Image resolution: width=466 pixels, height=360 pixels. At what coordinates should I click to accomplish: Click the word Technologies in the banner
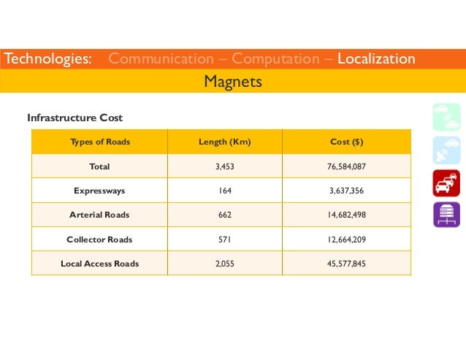click(48, 58)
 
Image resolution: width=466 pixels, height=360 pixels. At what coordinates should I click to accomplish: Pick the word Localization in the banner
click(376, 58)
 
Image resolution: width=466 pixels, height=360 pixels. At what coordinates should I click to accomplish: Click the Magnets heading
click(233, 82)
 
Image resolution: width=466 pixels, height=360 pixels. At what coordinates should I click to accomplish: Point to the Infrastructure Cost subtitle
click(75, 118)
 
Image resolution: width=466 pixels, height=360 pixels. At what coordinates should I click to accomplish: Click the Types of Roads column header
click(99, 142)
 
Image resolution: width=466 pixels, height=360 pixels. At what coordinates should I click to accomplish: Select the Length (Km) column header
click(225, 142)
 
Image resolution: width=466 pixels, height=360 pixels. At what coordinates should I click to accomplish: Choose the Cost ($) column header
click(347, 142)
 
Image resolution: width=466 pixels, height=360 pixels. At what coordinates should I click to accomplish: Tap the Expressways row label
click(99, 191)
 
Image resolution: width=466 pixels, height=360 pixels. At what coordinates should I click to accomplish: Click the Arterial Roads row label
click(99, 215)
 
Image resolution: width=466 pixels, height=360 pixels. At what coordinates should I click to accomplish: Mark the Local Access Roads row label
click(99, 264)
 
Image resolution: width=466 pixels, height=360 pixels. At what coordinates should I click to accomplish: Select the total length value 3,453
click(225, 166)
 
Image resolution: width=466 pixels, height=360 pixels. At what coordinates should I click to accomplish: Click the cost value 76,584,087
click(347, 166)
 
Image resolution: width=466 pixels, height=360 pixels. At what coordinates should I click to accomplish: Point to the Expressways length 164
click(225, 191)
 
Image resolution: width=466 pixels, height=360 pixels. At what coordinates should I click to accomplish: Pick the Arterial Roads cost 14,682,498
click(347, 215)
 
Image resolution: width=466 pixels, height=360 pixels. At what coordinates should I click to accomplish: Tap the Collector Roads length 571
click(225, 240)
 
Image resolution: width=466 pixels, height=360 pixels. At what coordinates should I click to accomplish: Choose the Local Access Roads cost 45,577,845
click(347, 264)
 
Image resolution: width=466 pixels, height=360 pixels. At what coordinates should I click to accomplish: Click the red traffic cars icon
click(446, 183)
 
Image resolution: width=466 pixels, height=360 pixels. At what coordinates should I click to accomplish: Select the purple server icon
click(446, 215)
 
